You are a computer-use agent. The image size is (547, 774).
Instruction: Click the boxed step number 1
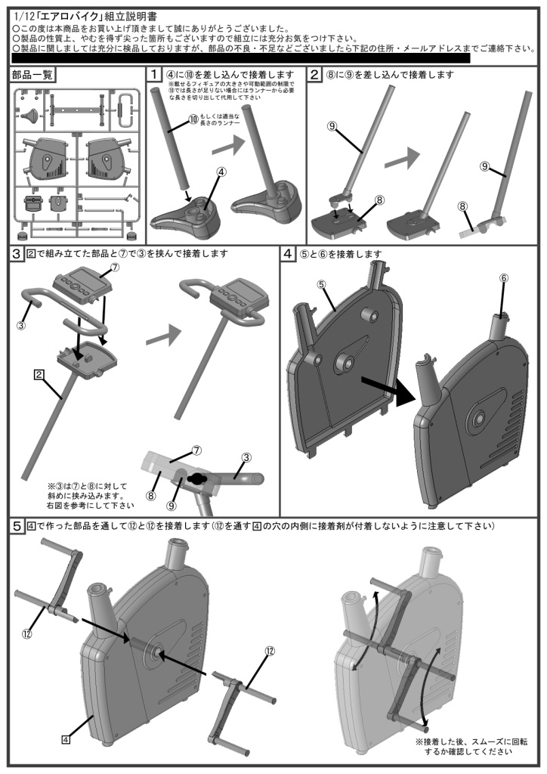pyautogui.click(x=154, y=75)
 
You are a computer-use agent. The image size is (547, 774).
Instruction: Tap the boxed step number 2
pyautogui.click(x=315, y=75)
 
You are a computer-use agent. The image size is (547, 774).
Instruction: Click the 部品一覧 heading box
pyautogui.click(x=32, y=75)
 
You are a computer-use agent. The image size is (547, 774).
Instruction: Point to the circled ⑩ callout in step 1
pyautogui.click(x=193, y=119)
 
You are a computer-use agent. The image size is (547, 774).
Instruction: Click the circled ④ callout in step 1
pyautogui.click(x=221, y=172)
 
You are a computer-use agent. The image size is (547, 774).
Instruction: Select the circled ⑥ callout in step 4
pyautogui.click(x=505, y=277)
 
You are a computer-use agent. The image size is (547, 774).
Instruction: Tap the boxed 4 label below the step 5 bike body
pyautogui.click(x=66, y=719)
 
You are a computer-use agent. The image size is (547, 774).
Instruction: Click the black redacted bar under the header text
pyautogui.click(x=242, y=58)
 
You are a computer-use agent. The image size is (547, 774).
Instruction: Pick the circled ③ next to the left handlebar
pyautogui.click(x=20, y=326)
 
